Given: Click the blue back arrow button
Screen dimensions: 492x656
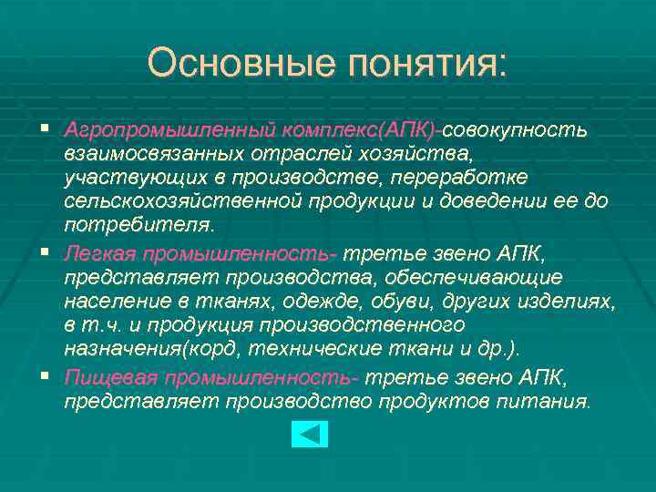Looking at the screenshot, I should point(309,434).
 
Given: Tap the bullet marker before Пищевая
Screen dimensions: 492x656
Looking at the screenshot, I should point(45,377).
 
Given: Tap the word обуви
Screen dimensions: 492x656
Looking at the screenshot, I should point(405,301).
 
